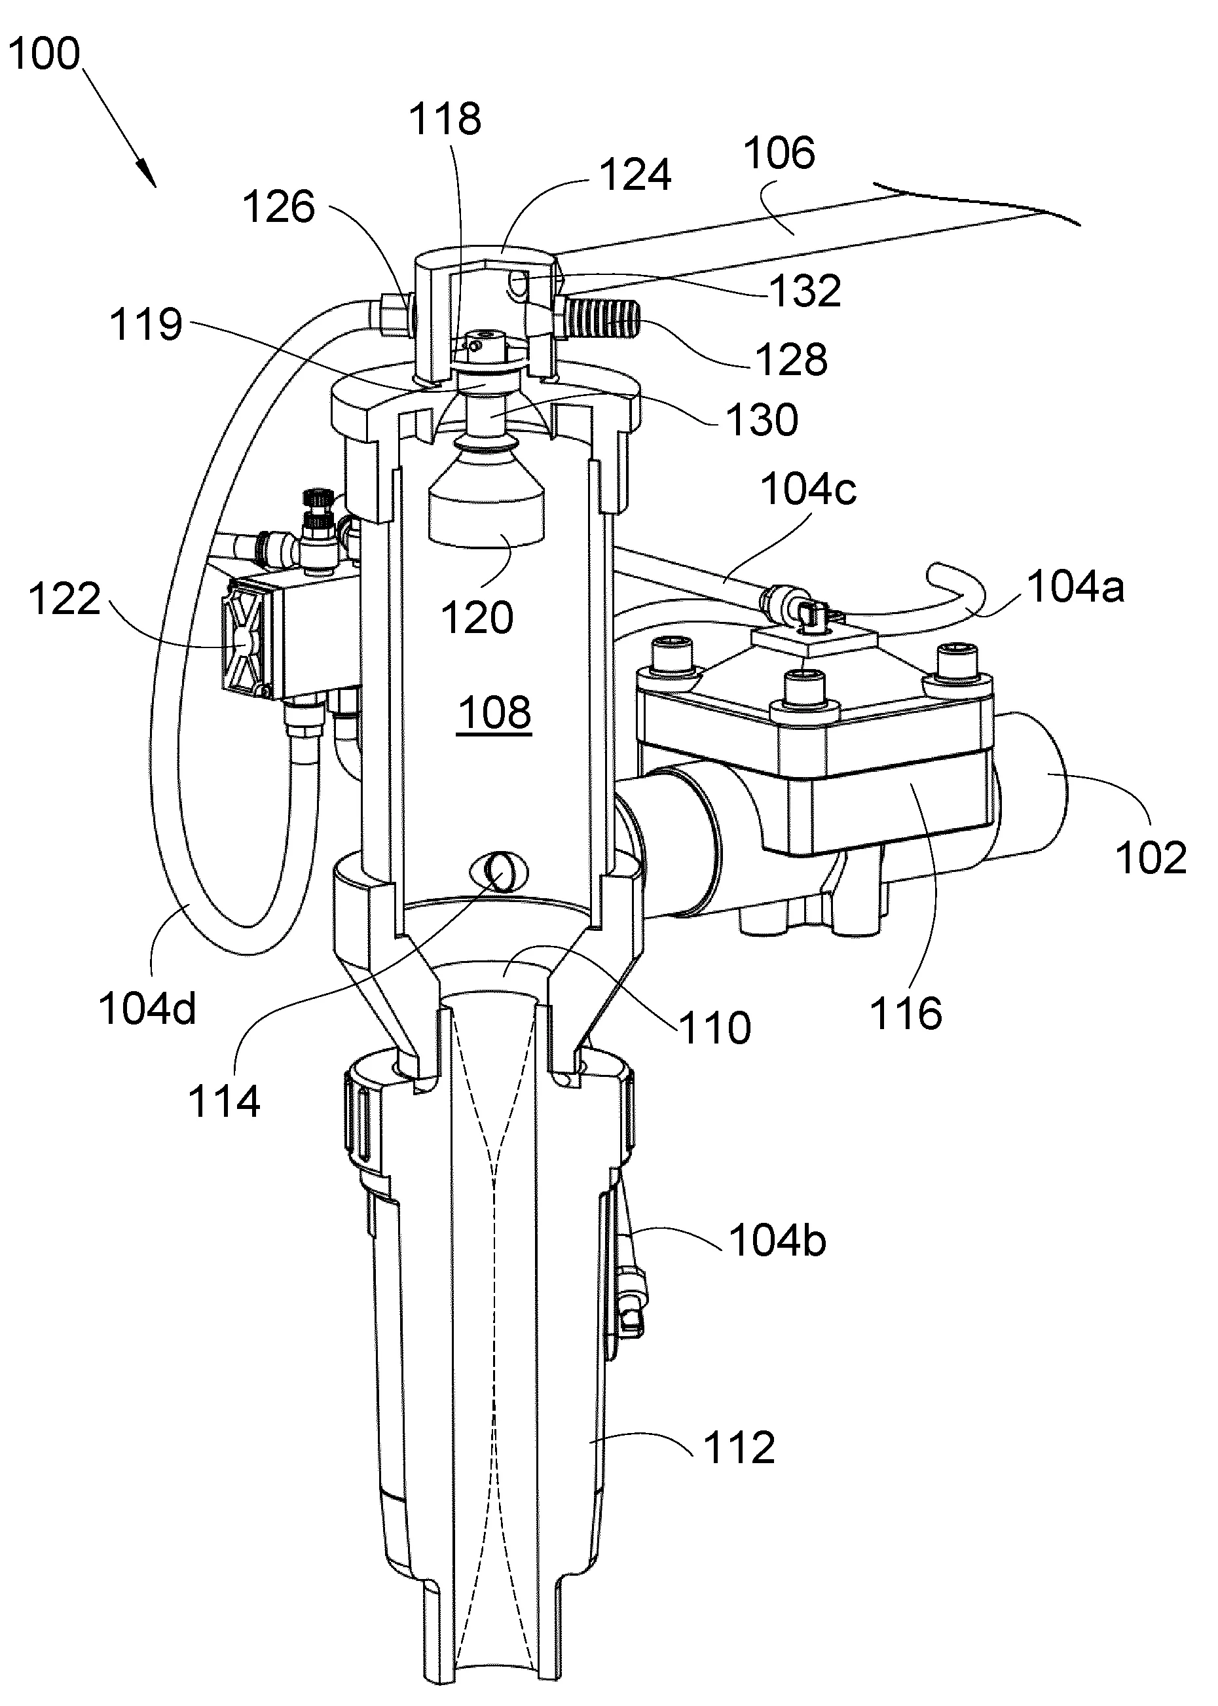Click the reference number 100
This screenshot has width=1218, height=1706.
pyautogui.click(x=45, y=55)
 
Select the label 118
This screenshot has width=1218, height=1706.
pyautogui.click(x=445, y=119)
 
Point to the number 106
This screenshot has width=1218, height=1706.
pyautogui.click(x=779, y=153)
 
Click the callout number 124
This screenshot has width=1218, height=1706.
pyautogui.click(x=635, y=175)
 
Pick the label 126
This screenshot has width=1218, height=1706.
pyautogui.click(x=279, y=207)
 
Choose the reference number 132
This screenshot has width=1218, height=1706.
pyautogui.click(x=805, y=291)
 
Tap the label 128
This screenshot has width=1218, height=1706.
pyautogui.click(x=792, y=360)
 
